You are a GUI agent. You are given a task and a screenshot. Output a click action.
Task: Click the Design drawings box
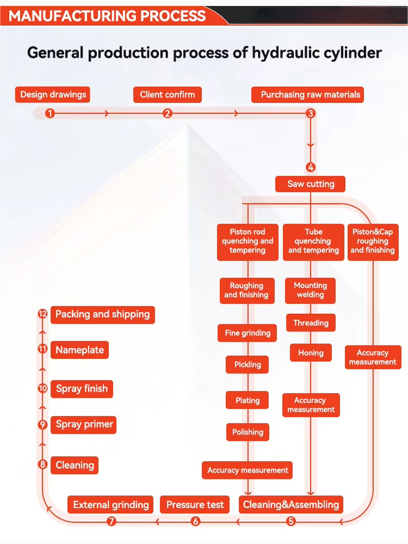pos(53,94)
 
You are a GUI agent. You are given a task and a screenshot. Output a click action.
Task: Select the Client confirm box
pos(167,94)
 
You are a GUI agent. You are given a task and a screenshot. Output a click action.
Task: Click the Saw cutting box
pos(311,184)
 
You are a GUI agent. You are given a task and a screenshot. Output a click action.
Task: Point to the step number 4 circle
pos(311,167)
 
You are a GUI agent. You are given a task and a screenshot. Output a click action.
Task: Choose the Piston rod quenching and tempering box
pos(247,241)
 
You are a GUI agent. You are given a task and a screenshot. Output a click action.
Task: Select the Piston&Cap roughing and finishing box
pos(373,241)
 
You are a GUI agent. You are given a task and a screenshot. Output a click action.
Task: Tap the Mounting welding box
pos(310,290)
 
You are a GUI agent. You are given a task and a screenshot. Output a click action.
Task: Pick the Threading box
pos(311,323)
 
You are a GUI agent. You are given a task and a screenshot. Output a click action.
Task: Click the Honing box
pos(311,353)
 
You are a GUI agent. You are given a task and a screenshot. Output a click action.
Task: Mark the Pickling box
pos(247,364)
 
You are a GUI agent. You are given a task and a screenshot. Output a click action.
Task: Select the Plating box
pos(247,401)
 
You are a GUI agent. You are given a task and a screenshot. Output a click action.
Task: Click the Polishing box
pos(247,432)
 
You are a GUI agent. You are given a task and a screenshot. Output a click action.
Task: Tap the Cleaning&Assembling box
pos(291,505)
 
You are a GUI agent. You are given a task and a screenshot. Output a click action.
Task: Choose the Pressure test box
pos(195,505)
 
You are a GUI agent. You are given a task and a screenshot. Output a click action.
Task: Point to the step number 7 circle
pos(112,521)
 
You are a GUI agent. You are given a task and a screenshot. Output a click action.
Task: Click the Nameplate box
pos(80,350)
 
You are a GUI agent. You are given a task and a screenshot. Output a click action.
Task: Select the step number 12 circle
pos(43,314)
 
